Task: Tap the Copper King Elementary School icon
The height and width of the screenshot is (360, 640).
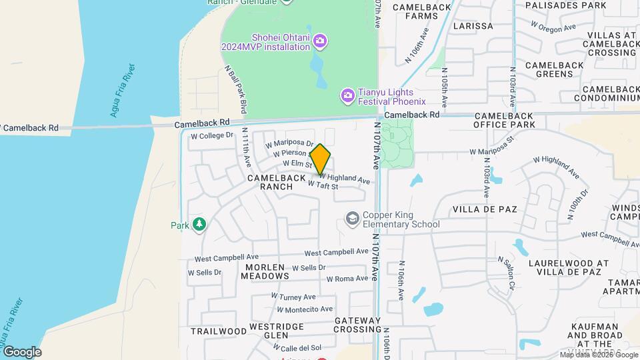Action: (x=351, y=218)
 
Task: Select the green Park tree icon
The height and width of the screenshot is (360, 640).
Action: (x=199, y=225)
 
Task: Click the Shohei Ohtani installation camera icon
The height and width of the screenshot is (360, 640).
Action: (x=320, y=42)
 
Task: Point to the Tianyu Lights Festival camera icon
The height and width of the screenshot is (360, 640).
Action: (x=347, y=96)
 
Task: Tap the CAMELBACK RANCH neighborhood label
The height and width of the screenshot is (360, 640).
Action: (x=279, y=183)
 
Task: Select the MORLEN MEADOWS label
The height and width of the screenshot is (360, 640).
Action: (x=265, y=271)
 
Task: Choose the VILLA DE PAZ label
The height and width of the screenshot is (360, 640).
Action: (x=485, y=209)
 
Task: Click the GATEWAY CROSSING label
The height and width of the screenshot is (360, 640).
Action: (x=357, y=325)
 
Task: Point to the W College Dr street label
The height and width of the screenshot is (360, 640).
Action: (x=212, y=135)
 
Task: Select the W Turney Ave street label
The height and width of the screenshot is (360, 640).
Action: (x=293, y=297)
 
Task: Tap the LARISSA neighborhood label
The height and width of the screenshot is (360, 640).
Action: (x=473, y=26)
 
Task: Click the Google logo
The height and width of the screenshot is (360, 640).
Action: (x=22, y=351)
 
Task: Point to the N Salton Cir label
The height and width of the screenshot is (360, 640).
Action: (x=506, y=273)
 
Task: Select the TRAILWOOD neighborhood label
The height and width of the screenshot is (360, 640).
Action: (x=218, y=331)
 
